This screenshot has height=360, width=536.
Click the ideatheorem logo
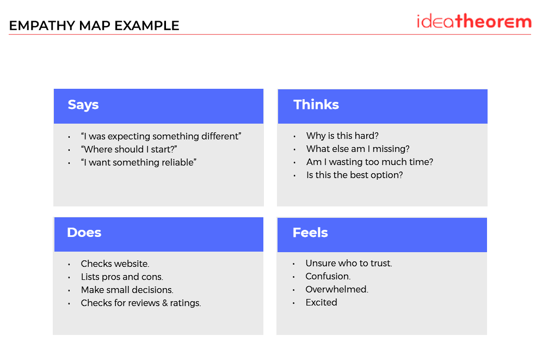pos(474,21)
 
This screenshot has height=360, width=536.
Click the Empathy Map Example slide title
pos(94,26)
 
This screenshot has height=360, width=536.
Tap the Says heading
pos(83,105)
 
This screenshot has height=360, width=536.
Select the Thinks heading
pos(316,105)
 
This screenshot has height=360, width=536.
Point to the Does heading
pos(84,233)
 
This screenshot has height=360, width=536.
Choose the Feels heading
pos(310,233)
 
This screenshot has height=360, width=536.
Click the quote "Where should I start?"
pos(129,150)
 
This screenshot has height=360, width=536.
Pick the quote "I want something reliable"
pos(138,162)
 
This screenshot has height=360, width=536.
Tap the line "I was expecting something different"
pos(161,136)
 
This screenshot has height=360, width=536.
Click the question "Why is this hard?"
pos(342,136)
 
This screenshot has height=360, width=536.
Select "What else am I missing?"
pos(358,149)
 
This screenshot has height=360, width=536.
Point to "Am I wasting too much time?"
pos(369,162)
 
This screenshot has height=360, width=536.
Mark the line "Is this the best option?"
pos(354,175)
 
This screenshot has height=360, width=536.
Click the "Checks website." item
pos(115,264)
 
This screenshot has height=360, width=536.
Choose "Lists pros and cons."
pos(122,277)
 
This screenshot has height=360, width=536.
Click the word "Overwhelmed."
pos(337,290)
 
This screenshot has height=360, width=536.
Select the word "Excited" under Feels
pos(321,302)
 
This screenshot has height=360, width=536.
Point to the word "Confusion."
pos(328,277)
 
